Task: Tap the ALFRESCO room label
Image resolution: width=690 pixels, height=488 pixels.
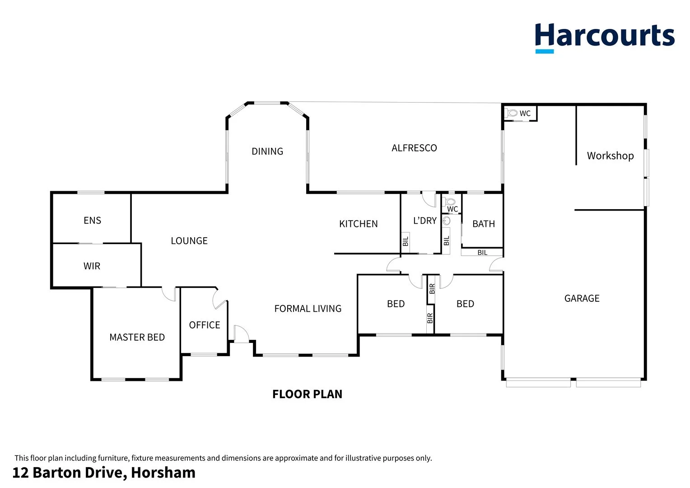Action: [414, 148]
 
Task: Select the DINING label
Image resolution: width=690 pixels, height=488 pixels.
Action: [267, 151]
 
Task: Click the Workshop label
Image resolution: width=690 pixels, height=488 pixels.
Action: [610, 156]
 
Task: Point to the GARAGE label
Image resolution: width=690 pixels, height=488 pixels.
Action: [582, 298]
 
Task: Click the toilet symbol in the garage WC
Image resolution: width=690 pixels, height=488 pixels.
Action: [512, 113]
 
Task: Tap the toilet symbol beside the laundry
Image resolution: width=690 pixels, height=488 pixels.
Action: [450, 202]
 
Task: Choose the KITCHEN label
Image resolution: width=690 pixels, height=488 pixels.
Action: [358, 224]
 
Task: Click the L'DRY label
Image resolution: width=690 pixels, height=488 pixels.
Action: [424, 221]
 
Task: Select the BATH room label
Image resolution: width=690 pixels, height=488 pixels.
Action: [483, 224]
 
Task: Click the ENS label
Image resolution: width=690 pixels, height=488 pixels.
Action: [92, 221]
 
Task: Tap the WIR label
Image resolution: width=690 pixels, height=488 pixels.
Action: [92, 266]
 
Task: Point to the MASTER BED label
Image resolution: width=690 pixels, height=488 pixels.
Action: [137, 337]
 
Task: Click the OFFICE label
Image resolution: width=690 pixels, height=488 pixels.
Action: [205, 325]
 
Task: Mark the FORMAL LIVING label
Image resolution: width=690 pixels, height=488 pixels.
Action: [308, 309]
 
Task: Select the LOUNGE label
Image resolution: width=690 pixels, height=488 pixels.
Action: [189, 241]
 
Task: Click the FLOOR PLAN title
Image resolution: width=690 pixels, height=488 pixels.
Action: [307, 394]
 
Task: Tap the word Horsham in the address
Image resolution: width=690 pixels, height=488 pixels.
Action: [163, 473]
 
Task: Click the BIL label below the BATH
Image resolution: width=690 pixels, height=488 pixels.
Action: [482, 253]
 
